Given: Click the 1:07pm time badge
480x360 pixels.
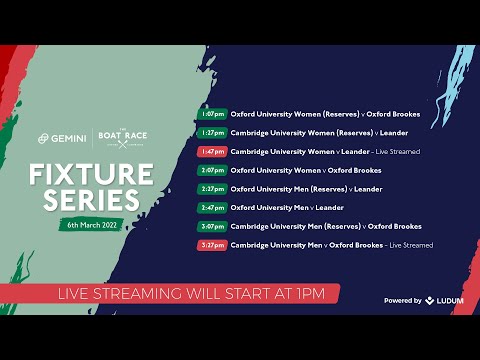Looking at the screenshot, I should pos(213,114).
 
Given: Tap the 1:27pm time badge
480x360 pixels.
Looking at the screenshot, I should pos(213,132).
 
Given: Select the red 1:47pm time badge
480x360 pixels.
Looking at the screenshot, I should pos(213,151).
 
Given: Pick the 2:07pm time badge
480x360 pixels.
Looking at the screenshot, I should pos(213,170).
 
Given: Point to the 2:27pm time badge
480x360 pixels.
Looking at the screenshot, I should pos(213,188).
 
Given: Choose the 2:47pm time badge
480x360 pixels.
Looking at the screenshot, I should pos(213,207).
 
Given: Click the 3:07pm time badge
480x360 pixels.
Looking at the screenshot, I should pos(213,226).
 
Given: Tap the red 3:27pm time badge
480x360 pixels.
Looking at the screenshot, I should pos(213,244).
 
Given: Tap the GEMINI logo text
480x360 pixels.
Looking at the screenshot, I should pos(68,138).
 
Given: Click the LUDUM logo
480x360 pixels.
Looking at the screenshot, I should pos(445,300).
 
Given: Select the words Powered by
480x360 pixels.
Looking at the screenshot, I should pos(402,300).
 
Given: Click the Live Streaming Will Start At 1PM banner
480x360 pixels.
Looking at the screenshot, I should pos(170,293).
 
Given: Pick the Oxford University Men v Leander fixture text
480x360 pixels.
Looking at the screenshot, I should pos(287,207).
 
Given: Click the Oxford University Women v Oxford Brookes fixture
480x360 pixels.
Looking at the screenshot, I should pos(305,170).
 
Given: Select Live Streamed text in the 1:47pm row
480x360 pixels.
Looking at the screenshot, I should pos(398,151).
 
